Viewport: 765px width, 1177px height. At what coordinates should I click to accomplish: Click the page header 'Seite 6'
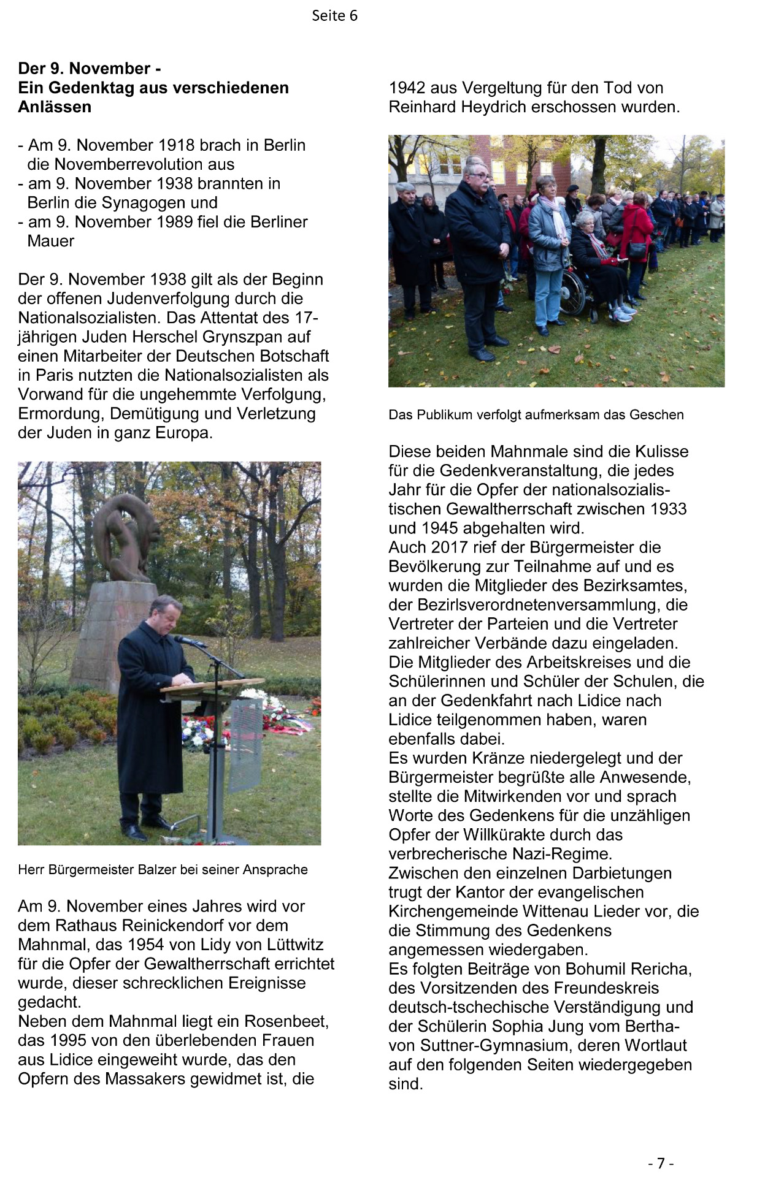click(334, 16)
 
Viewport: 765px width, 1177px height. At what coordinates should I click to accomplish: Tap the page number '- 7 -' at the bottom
click(661, 1163)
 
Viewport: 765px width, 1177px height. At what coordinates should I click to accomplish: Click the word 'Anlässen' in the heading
click(55, 107)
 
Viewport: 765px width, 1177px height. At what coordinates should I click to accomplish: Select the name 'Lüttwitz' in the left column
click(293, 945)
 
